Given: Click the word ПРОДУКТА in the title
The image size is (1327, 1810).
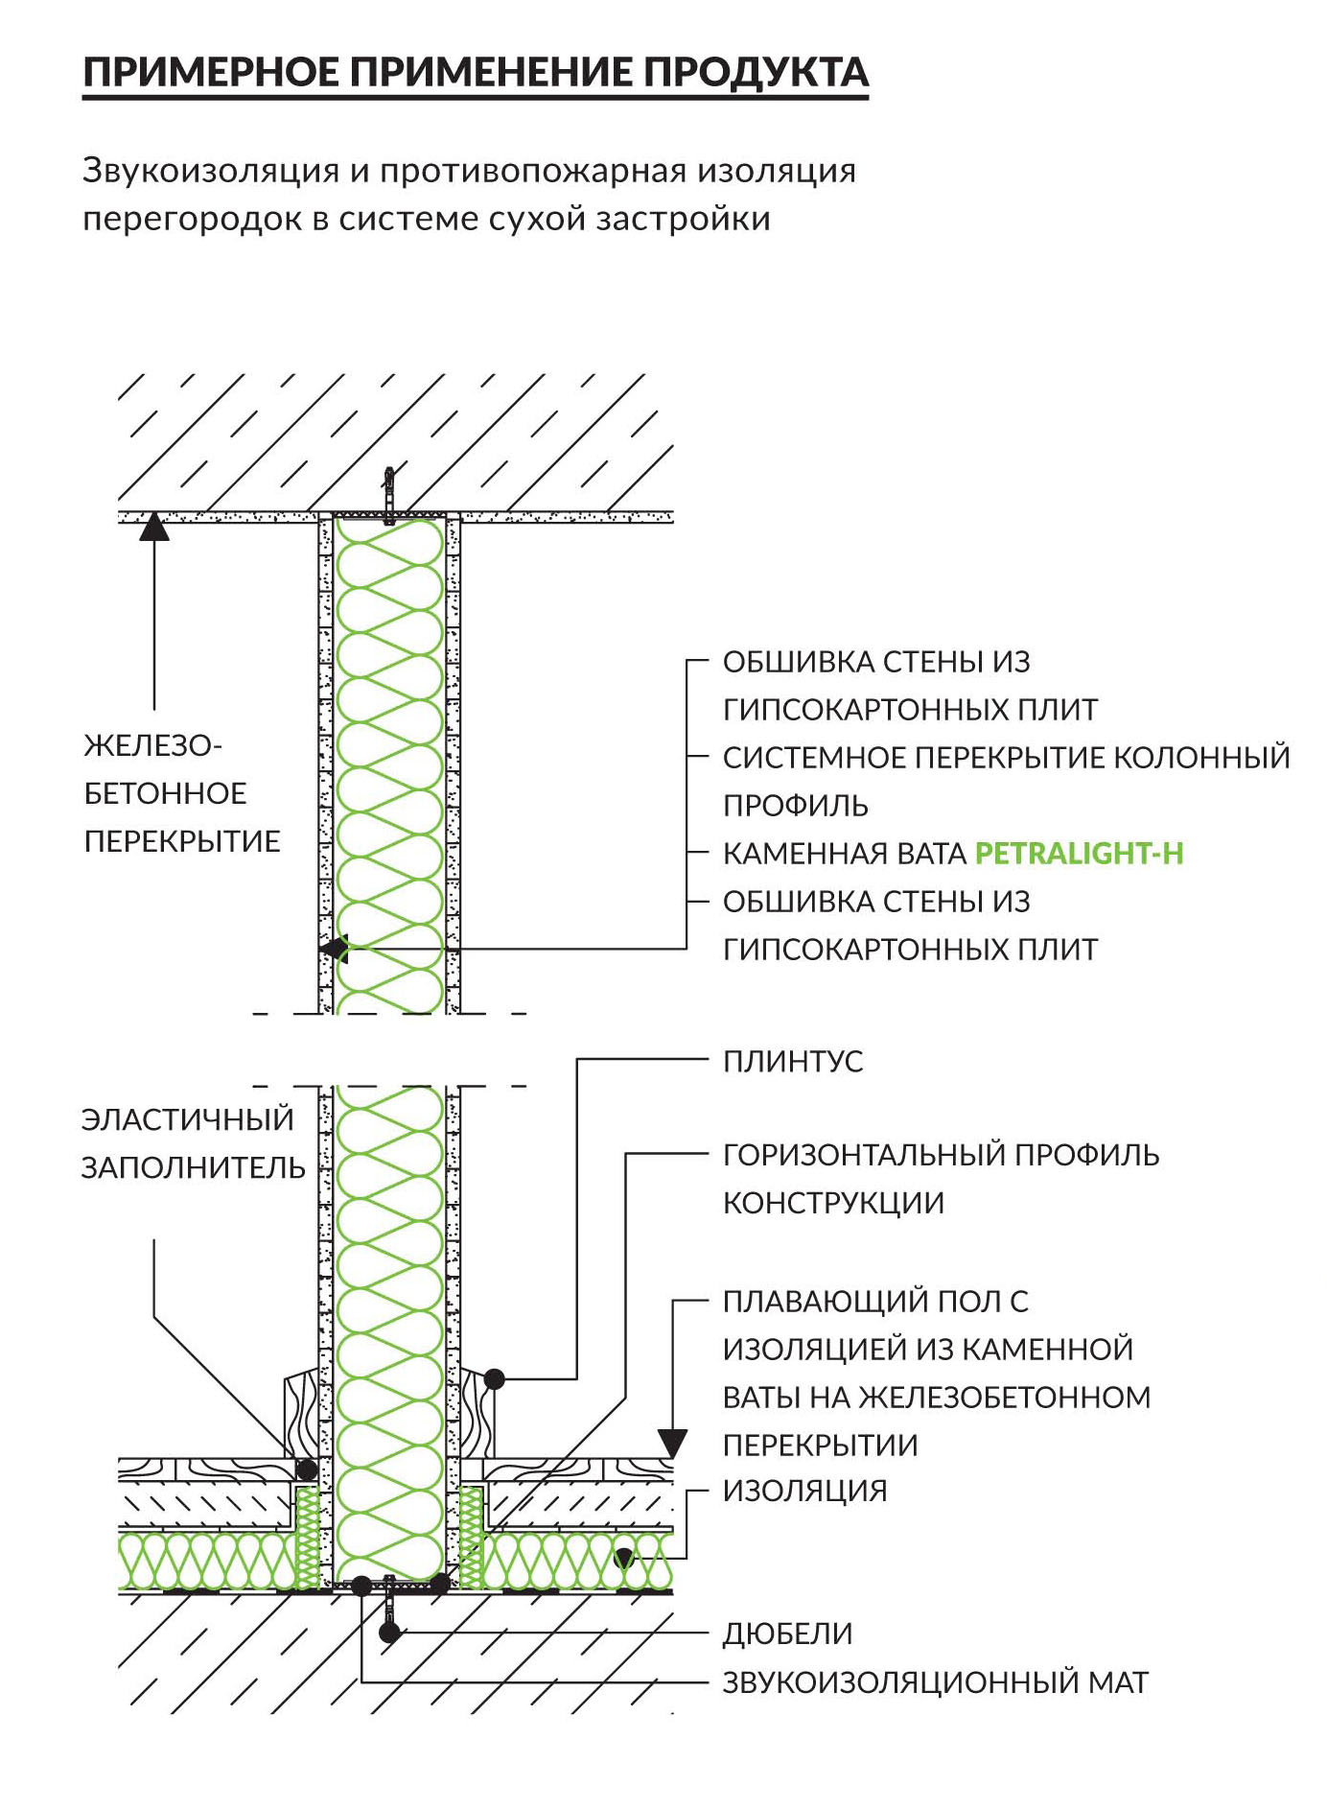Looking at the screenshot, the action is coord(756,73).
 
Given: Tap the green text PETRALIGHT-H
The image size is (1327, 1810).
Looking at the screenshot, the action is coord(1079,853).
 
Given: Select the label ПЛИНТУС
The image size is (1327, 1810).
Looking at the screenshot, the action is coord(793,1061).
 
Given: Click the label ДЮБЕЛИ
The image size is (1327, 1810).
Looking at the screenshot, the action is coord(787,1634).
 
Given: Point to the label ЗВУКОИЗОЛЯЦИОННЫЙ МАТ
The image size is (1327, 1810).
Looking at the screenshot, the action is coord(936,1681).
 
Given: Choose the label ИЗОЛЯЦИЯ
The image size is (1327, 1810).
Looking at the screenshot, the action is coord(805,1491).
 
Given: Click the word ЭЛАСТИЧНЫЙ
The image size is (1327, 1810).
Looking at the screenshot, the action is coord(188,1119).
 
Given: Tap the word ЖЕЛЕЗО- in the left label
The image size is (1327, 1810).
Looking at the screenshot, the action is coord(153,745).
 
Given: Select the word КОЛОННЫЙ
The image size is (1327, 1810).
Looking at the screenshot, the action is coord(1201,757).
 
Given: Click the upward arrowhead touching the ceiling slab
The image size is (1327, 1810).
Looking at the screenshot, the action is coord(154,527).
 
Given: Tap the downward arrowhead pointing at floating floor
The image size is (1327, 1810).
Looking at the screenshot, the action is coord(672,1444).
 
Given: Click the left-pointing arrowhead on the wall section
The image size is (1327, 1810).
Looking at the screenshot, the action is coord(335,949).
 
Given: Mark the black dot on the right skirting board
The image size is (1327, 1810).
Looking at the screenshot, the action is coord(494,1379).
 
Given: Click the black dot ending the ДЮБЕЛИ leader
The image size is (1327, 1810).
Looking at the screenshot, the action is coord(389,1632).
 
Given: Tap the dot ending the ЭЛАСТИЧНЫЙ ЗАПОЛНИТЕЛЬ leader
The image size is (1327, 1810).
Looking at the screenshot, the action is coord(307,1469).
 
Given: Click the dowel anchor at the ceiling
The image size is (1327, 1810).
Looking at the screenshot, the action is coord(388,495).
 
